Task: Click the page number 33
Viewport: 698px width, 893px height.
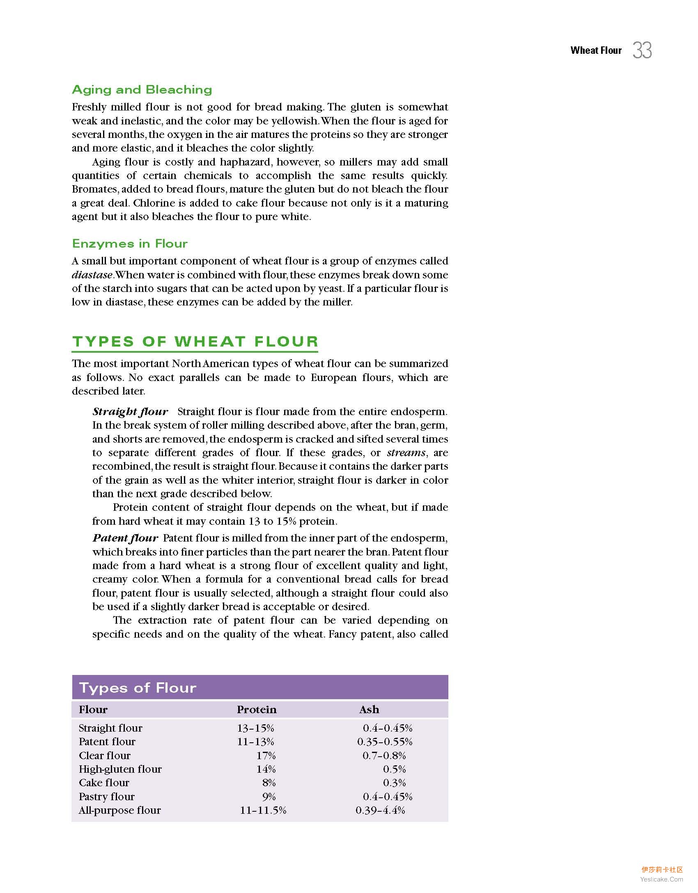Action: coord(642,51)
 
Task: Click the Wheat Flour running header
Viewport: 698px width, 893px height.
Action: coord(596,51)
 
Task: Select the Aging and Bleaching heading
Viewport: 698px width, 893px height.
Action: coord(142,90)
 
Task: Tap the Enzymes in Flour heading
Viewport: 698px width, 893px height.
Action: coord(130,243)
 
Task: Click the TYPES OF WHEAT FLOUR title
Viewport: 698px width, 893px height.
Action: coord(195,342)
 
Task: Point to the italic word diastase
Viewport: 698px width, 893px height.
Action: coord(92,275)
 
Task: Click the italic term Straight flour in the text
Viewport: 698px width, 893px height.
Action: coord(130,411)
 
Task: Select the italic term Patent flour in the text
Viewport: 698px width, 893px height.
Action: coord(125,538)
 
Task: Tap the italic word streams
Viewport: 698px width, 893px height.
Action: coord(406,452)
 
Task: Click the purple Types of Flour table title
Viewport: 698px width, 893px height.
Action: coord(138,688)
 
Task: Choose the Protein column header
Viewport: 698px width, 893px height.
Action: coord(257,709)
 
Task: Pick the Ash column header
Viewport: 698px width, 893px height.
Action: coord(369,709)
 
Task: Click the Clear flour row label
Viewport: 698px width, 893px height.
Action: coord(105,755)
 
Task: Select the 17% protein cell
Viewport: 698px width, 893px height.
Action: coord(266,755)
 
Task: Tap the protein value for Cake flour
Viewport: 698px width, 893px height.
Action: coord(269,783)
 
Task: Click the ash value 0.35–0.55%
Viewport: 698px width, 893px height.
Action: coord(385,741)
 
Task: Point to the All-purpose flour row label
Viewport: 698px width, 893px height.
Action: coord(119,810)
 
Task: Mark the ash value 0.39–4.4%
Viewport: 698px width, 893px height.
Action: coord(380,810)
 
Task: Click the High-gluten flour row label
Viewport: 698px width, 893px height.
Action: coord(120,769)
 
